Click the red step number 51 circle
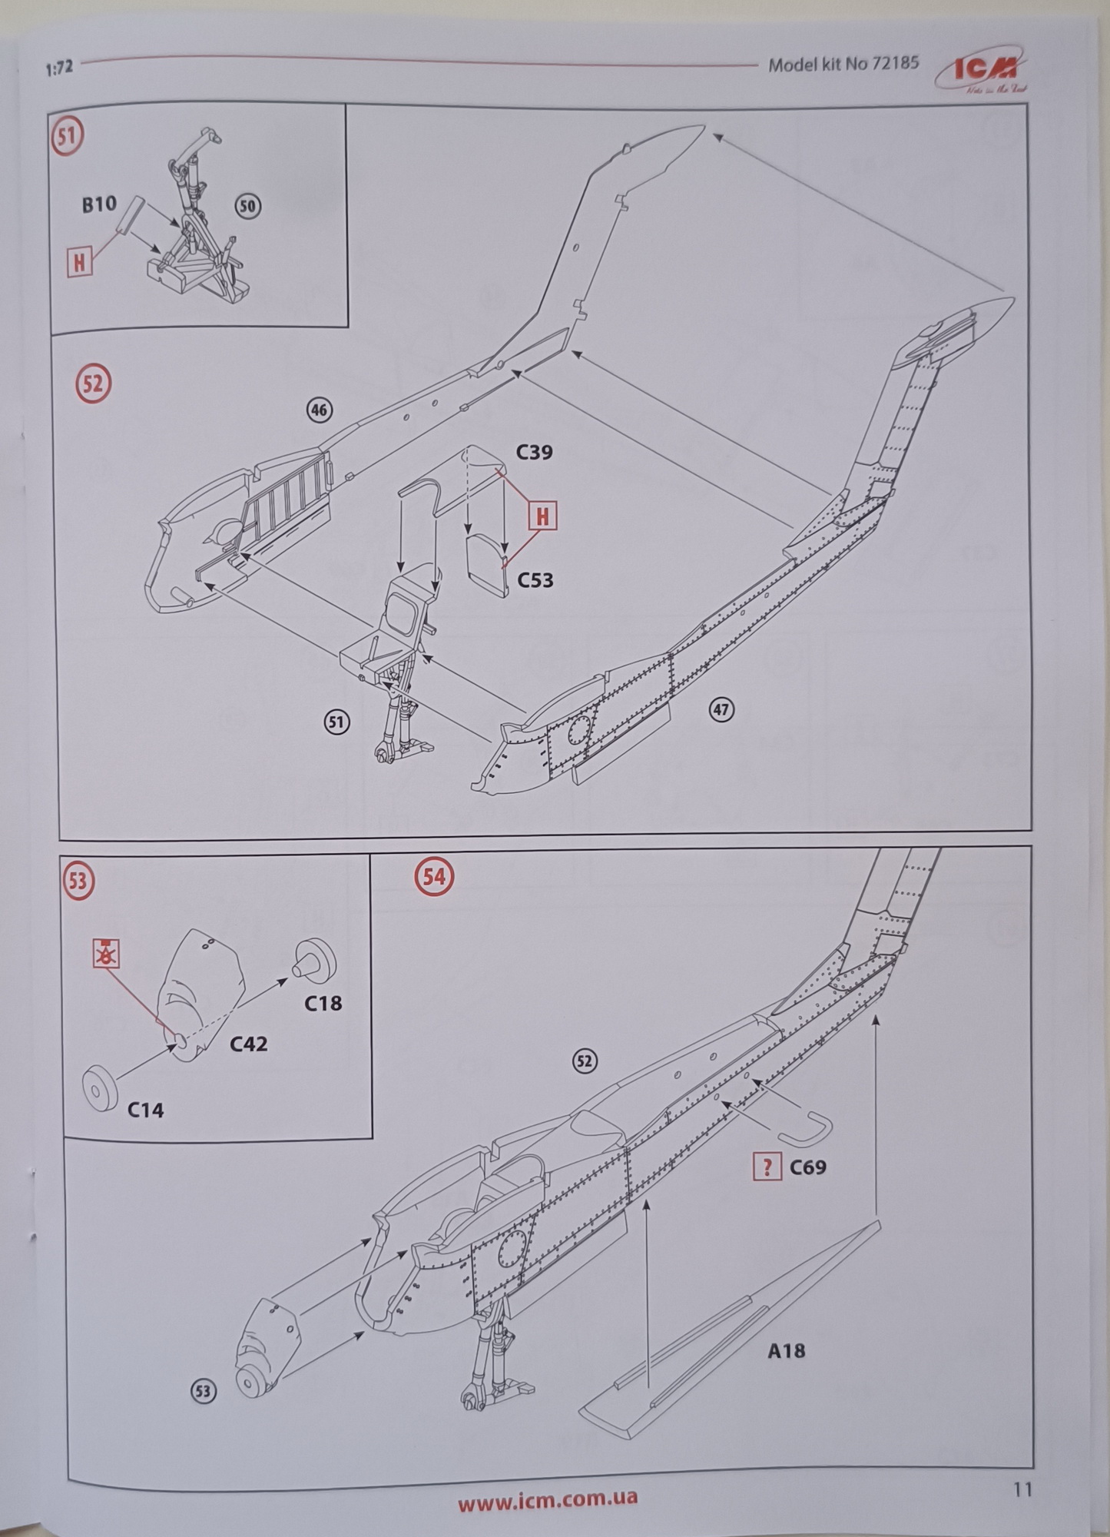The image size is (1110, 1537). pos(68,136)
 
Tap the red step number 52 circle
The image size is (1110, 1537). pos(93,383)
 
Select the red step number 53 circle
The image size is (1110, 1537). pos(78,881)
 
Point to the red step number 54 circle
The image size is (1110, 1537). pos(434,877)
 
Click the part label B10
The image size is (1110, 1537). pos(99,204)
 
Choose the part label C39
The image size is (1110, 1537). pos(534,452)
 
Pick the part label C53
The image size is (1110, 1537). pos(535,579)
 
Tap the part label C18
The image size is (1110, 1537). pos(323,1003)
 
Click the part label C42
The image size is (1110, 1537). pos(249,1044)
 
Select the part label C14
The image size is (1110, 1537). pos(145,1110)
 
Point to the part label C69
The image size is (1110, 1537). pos(807,1167)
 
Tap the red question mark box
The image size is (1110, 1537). pos(767,1167)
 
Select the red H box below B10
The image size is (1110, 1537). pos(78,263)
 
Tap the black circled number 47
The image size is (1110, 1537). pos(721,709)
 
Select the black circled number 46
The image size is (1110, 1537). pos(319,410)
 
